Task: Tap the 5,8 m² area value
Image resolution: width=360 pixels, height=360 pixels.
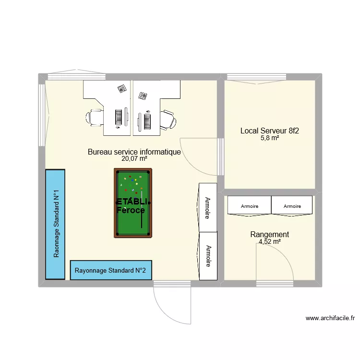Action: [x=269, y=138]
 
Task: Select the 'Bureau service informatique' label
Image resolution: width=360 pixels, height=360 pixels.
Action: [x=134, y=152]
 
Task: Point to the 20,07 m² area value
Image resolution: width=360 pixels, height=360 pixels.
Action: [x=134, y=159]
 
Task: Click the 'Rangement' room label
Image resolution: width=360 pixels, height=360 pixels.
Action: [x=269, y=234]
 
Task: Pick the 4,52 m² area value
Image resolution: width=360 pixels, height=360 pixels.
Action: [x=269, y=242]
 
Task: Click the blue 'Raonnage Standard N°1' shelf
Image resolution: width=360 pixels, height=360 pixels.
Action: [x=55, y=224]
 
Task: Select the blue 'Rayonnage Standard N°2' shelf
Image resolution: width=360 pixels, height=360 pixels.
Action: [x=110, y=270]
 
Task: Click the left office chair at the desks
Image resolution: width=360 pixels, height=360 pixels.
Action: [x=95, y=117]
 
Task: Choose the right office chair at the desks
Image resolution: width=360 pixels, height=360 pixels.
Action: [x=168, y=119]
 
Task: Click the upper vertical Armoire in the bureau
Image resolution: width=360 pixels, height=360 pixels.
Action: [x=208, y=207]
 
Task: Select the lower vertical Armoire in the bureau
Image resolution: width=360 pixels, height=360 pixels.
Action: [x=208, y=256]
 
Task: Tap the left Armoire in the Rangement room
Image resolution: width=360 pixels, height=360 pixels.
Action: [x=249, y=205]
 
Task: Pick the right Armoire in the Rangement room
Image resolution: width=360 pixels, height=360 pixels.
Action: [x=292, y=205]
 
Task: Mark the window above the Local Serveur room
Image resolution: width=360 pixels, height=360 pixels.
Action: [x=257, y=76]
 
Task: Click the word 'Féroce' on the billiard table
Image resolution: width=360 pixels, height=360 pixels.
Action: [x=130, y=210]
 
